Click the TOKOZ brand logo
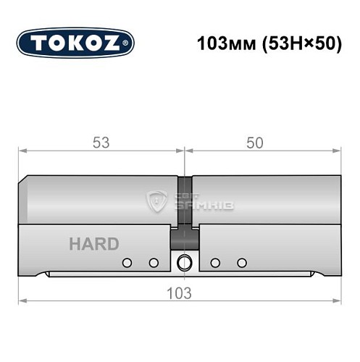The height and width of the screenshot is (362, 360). (75, 43)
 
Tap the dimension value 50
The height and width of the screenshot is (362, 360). (254, 143)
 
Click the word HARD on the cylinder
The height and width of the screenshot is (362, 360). (93, 244)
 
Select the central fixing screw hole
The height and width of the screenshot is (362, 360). (184, 262)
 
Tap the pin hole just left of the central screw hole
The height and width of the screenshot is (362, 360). (154, 262)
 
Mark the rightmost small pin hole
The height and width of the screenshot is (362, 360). (242, 262)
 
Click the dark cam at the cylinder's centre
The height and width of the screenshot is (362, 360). (184, 237)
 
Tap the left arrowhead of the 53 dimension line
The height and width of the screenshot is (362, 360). (22, 151)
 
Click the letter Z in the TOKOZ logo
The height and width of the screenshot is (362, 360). (116, 43)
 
